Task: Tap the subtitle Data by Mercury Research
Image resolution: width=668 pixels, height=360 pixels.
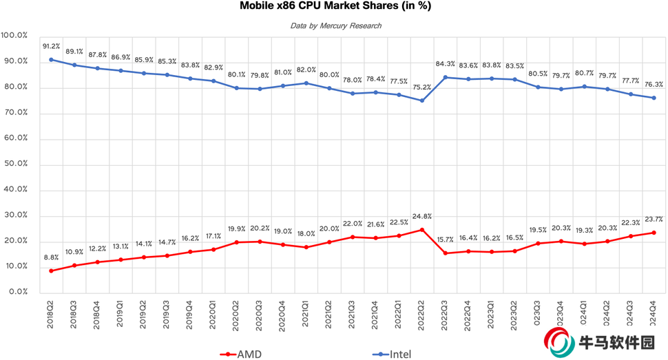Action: click(x=335, y=25)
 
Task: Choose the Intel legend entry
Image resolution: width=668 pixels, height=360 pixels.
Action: click(x=393, y=354)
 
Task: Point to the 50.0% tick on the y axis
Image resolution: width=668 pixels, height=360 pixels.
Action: click(x=14, y=164)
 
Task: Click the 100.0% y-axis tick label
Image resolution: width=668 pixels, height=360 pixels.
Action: click(x=14, y=35)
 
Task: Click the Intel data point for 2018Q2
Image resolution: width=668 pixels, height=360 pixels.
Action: click(x=52, y=59)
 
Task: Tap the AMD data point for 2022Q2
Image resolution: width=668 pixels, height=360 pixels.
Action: click(x=421, y=229)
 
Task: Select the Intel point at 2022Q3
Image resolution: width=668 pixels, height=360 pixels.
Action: click(x=445, y=77)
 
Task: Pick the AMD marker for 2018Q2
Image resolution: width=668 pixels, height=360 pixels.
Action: click(x=52, y=271)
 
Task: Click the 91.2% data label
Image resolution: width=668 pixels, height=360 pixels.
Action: click(x=52, y=47)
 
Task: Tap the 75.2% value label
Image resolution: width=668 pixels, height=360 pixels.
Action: click(x=421, y=87)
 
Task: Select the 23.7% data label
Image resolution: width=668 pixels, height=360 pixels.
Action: click(x=654, y=219)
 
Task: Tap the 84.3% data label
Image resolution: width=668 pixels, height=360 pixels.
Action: click(x=445, y=65)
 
